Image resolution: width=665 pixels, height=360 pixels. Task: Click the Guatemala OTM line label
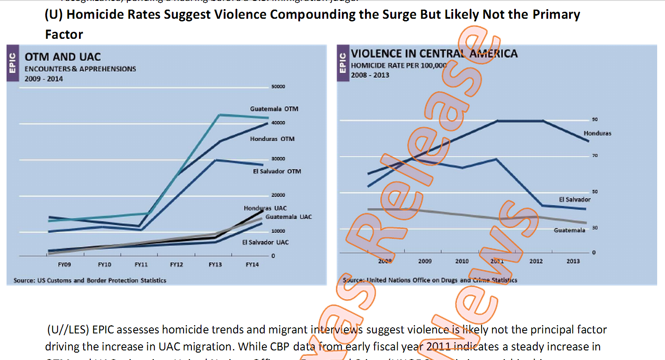click(x=274, y=109)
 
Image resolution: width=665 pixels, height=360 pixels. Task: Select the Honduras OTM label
click(x=272, y=139)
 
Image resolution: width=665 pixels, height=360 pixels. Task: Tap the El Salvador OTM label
click(x=277, y=171)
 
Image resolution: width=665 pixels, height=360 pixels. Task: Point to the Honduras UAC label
click(x=265, y=208)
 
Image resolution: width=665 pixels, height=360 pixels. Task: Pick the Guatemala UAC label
click(x=288, y=217)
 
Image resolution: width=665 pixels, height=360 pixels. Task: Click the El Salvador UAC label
click(x=265, y=242)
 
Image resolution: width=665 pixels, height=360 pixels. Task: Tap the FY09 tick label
click(x=64, y=265)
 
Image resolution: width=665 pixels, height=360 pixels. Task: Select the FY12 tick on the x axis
click(x=176, y=265)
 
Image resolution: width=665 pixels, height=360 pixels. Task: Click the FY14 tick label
click(x=252, y=265)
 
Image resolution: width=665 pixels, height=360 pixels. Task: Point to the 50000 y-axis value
click(x=278, y=87)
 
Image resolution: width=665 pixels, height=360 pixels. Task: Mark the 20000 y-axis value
click(x=278, y=195)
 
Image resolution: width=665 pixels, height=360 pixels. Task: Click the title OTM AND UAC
click(x=63, y=57)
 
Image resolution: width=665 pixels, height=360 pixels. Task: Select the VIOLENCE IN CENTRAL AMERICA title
click(x=434, y=54)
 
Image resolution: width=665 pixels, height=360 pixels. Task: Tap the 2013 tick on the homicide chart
click(x=573, y=261)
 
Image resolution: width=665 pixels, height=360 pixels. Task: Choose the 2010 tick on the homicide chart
click(x=462, y=261)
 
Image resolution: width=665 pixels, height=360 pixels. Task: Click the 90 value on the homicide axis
click(x=595, y=119)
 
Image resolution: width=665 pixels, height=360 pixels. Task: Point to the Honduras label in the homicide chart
click(x=597, y=133)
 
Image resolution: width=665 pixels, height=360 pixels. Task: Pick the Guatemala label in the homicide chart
click(x=569, y=230)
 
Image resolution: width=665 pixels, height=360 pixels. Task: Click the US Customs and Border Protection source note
click(x=90, y=280)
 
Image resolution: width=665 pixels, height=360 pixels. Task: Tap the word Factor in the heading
click(x=64, y=34)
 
